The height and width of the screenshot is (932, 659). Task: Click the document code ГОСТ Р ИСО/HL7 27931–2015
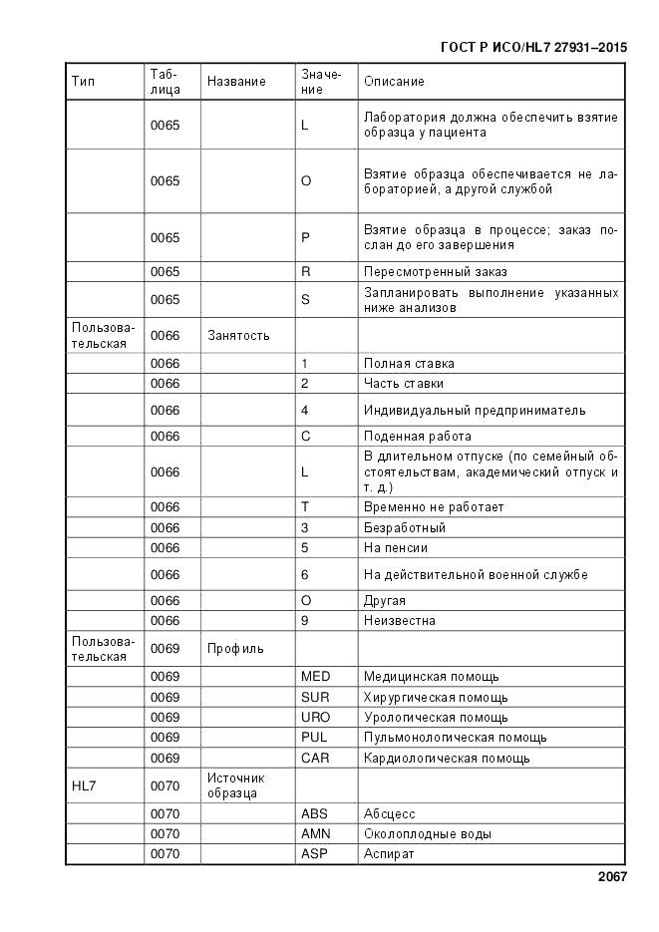point(532,46)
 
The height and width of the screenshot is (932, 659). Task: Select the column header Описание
point(394,82)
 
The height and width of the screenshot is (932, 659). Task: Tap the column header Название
point(236,82)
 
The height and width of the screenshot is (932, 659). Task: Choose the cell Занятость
point(238,336)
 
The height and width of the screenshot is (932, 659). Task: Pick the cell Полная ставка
point(409,364)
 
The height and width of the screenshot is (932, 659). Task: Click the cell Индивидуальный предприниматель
point(475,410)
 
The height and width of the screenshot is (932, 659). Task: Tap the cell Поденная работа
point(418,436)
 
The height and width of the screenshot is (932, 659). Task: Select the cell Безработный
point(405,527)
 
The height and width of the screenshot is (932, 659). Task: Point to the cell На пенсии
point(396,547)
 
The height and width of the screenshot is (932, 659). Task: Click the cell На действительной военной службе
point(476,574)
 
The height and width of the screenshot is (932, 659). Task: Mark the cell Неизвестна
point(400,620)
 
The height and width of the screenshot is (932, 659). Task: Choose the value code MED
point(315,677)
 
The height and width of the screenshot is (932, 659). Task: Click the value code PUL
point(314,738)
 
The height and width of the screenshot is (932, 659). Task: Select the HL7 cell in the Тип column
point(83,785)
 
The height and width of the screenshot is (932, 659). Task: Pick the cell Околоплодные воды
point(428,833)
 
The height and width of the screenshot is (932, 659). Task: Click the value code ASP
point(314,854)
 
